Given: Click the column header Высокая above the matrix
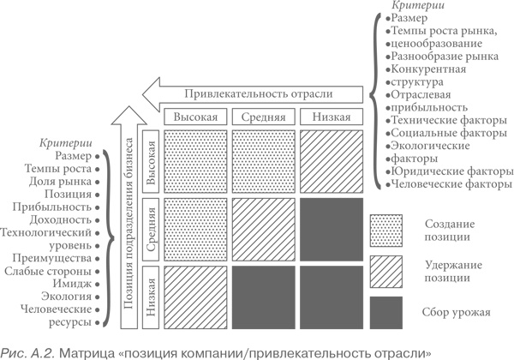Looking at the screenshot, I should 197,117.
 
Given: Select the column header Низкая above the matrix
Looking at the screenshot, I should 330,117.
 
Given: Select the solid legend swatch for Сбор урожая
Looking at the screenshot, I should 386,311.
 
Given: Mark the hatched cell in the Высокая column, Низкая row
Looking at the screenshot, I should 197,297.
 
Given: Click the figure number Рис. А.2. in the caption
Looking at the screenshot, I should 29,351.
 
